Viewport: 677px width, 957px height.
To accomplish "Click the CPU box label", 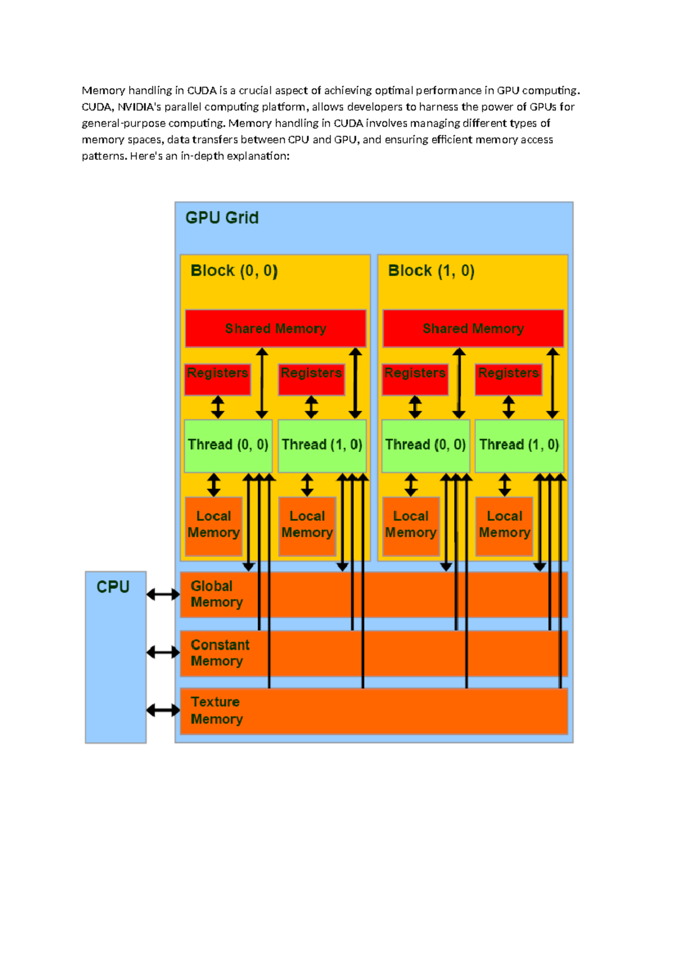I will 113,587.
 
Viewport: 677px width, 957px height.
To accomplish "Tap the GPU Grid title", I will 222,218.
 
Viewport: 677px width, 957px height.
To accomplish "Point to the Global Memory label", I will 217,594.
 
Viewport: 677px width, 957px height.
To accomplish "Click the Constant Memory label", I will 219,653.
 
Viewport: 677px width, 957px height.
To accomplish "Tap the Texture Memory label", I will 217,710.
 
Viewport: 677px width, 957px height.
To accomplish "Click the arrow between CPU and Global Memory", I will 163,594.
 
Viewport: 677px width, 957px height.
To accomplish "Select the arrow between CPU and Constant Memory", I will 163,652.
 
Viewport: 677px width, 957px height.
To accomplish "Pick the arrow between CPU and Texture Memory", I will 163,710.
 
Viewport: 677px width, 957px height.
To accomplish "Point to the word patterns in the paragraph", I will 104,156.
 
